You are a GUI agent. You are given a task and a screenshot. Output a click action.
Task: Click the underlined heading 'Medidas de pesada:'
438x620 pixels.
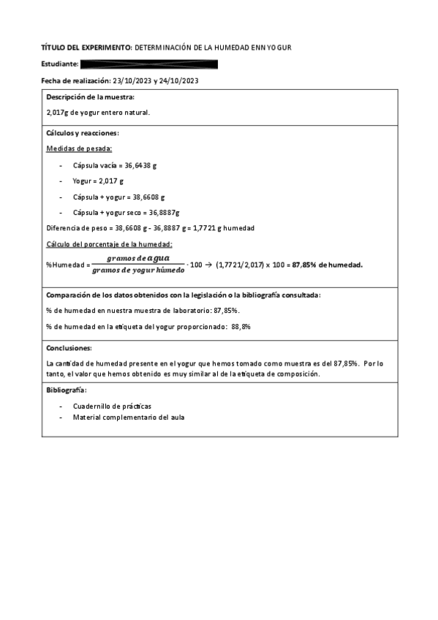point(74,148)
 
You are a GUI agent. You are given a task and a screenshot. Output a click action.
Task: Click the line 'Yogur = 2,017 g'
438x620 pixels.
point(98,181)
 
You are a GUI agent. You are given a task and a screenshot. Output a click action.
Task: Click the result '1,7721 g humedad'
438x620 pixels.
point(227,228)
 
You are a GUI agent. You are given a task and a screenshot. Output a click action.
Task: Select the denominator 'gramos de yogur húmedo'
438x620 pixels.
point(138,271)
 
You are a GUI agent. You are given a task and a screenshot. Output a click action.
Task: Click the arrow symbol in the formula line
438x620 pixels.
point(208,265)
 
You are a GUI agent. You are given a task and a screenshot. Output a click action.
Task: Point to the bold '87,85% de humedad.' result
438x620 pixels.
point(328,265)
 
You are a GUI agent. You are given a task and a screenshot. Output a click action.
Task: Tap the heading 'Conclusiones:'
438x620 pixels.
point(69,348)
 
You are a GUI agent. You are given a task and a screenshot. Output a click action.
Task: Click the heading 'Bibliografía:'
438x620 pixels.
point(67,390)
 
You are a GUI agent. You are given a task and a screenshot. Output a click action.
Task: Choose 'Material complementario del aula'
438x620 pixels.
point(129,417)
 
